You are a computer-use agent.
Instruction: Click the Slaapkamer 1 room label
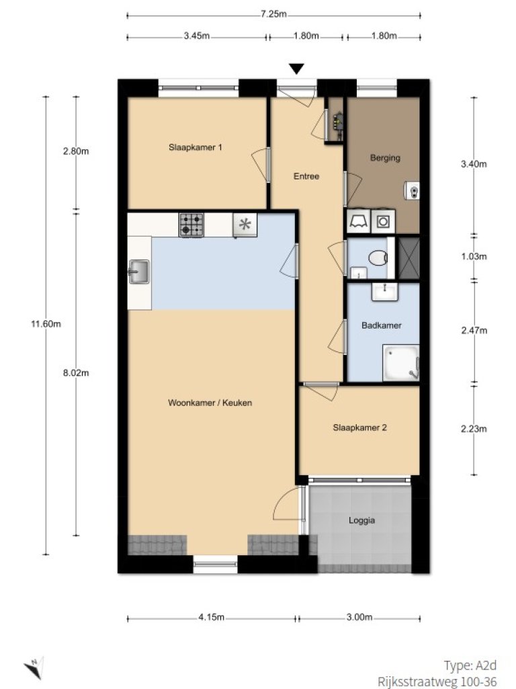(x=196, y=147)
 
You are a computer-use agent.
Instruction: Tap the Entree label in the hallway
(x=306, y=177)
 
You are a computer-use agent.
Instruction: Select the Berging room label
(x=385, y=159)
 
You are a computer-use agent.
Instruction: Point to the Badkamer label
(x=381, y=325)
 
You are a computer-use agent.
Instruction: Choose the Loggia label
(x=361, y=520)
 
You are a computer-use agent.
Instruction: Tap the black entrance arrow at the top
(x=296, y=69)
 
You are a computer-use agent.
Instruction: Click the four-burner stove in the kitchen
(x=191, y=225)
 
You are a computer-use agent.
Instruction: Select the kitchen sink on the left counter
(x=140, y=272)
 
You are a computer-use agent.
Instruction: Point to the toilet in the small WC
(x=379, y=257)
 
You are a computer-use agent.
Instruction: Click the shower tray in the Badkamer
(x=400, y=363)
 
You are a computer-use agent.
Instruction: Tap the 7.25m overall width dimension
(x=273, y=14)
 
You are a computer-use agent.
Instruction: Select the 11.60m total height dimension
(x=46, y=324)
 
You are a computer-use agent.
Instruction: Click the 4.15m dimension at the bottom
(x=211, y=618)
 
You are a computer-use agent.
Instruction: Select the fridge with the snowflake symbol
(x=245, y=225)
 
